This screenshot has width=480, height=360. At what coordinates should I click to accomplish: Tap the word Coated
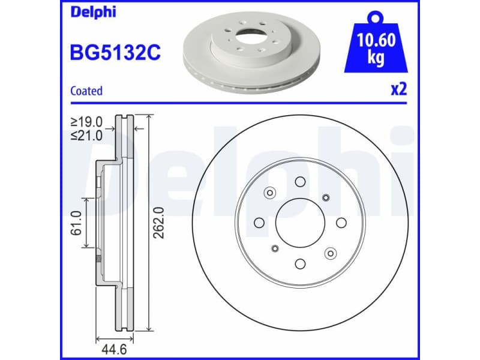point(86,91)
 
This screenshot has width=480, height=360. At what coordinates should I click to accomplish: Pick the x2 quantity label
point(399,89)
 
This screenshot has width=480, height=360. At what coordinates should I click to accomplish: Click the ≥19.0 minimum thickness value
point(87,122)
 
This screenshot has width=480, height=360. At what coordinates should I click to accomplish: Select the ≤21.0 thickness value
point(87,136)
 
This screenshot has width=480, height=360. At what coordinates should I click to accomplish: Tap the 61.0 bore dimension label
point(76,223)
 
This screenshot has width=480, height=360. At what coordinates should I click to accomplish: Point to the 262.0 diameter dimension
point(158,223)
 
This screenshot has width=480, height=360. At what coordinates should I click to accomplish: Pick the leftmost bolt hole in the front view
point(259,223)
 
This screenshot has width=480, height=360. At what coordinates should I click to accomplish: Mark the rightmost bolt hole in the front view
point(341,223)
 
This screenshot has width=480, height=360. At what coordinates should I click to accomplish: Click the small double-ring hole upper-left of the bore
point(269,193)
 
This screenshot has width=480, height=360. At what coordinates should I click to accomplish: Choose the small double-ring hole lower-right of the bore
point(329,254)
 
